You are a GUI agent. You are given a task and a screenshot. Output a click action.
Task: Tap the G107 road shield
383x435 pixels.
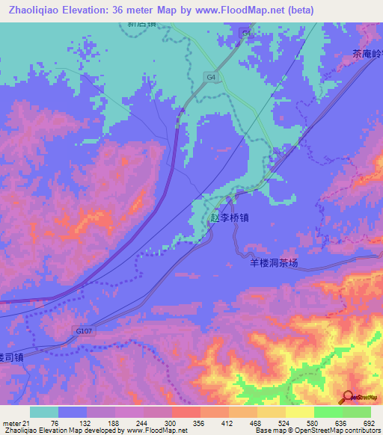coord(85,329)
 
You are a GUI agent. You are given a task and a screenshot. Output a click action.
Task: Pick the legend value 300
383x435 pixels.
coord(171,422)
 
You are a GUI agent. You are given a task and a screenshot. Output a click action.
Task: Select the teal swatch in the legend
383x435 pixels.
coord(44,412)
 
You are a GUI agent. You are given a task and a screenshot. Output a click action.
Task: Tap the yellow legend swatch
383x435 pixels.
coord(299,412)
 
